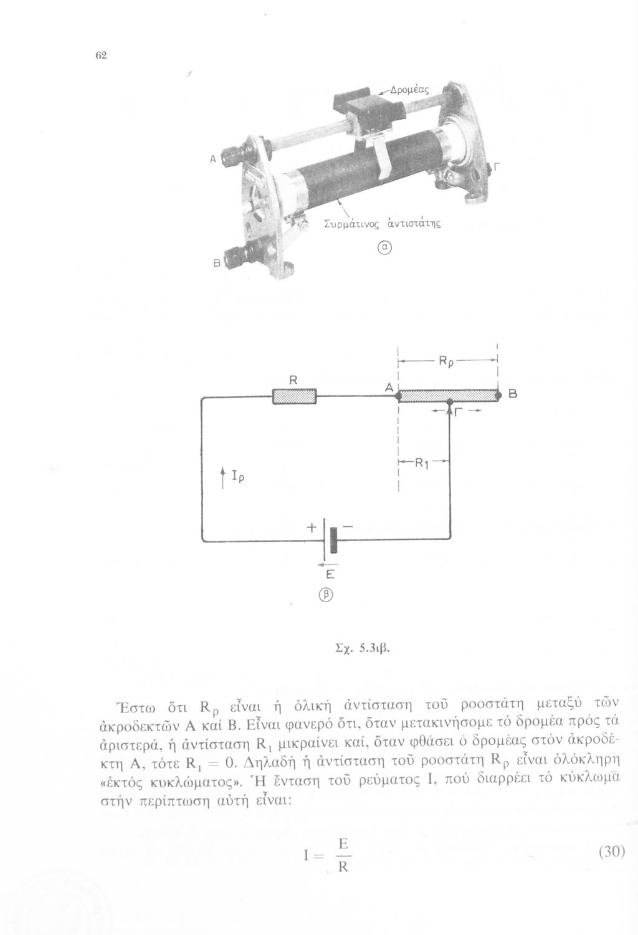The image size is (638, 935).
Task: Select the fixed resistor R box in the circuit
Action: tap(295, 396)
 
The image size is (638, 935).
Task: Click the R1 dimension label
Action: tap(422, 463)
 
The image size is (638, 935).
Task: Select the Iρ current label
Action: tap(237, 477)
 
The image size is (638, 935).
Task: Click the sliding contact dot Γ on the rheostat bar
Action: tap(450, 403)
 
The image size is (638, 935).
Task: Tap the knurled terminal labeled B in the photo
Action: tap(239, 257)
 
